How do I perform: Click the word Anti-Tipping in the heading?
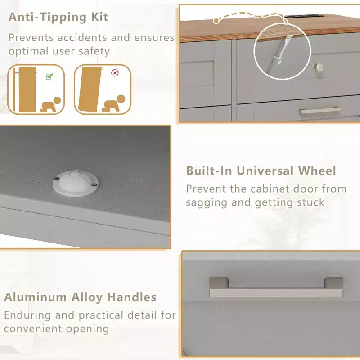point(48,17)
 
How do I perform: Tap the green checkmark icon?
point(49,76)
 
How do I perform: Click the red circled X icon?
point(115,73)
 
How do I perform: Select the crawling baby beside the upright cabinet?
point(50,105)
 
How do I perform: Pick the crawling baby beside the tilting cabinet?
point(114,103)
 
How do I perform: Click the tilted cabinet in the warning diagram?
point(90,89)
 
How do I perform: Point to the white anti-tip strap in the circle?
point(283,50)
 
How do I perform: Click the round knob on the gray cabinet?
point(318,67)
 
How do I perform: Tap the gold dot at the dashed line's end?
point(216,21)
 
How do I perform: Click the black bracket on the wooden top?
point(304,16)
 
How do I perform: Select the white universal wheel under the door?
point(75,183)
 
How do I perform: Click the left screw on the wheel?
point(57,179)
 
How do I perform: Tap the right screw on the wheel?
point(94,184)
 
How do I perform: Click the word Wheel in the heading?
point(317,171)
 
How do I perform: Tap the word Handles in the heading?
point(132,297)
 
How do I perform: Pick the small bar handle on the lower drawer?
point(320,110)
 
